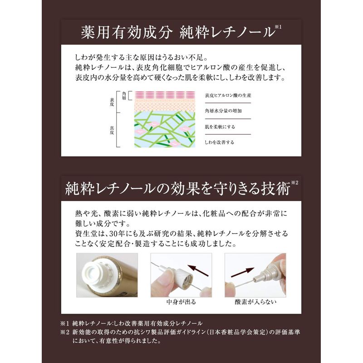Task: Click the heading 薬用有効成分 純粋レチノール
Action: [177, 32]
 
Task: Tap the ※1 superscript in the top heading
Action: [278, 27]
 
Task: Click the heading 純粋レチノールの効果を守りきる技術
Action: [177, 189]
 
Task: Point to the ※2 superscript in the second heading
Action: [294, 183]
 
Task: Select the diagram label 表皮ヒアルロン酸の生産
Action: [228, 95]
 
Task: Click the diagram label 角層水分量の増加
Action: [223, 111]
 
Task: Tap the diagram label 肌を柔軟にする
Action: [220, 127]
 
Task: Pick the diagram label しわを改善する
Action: [219, 142]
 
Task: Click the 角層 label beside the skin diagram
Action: [124, 96]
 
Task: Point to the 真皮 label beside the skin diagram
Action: [112, 130]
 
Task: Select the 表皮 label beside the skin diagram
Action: [112, 102]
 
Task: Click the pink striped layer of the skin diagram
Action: [165, 95]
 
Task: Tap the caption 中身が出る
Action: [181, 302]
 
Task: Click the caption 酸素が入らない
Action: [255, 302]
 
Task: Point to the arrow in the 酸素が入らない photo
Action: [243, 272]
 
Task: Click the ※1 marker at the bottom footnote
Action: [64, 323]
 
